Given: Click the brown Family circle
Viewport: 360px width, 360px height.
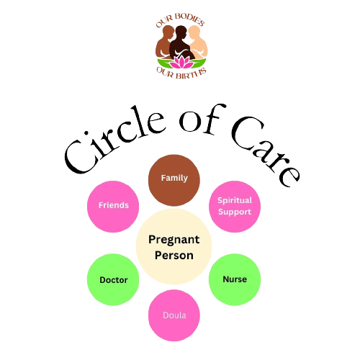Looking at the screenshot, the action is click(x=174, y=180).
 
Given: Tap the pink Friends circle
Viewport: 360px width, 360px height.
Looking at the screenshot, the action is click(x=113, y=207).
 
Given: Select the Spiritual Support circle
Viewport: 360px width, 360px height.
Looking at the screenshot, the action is click(x=235, y=207).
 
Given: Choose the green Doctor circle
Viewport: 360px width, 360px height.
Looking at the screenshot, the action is click(x=113, y=279).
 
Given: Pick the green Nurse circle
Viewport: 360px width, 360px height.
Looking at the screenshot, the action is click(x=235, y=279).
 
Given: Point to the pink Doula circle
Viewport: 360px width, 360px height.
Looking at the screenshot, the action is click(x=174, y=315).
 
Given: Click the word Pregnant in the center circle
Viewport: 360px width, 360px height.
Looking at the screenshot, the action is click(x=174, y=240).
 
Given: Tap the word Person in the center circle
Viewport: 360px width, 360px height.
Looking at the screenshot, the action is click(x=174, y=255).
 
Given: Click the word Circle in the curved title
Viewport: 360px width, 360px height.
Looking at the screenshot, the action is click(x=113, y=142).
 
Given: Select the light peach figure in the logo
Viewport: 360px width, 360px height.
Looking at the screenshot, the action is click(x=198, y=42).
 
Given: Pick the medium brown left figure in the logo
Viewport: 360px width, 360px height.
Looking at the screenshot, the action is click(x=164, y=42).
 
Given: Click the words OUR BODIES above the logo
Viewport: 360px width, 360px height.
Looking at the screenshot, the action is click(x=180, y=20).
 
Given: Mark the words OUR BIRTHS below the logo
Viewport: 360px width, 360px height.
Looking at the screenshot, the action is click(x=181, y=73).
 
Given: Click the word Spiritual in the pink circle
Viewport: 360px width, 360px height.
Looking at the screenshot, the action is click(x=235, y=201).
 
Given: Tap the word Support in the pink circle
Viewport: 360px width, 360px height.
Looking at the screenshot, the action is click(x=235, y=212).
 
